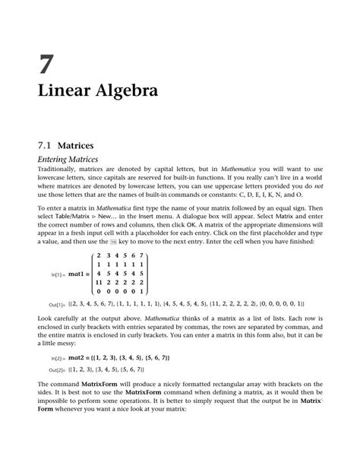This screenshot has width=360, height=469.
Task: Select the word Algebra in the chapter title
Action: click(x=125, y=94)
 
